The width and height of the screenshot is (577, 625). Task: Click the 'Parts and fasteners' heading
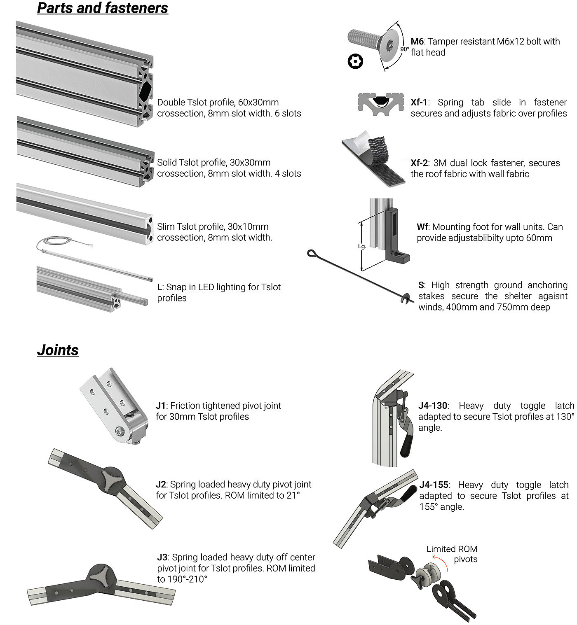pos(103,8)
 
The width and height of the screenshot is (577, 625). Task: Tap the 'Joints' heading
pos(58,350)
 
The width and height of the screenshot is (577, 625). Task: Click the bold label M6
pos(417,42)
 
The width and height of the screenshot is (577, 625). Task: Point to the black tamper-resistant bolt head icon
pos(355,62)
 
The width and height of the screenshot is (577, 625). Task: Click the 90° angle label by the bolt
pos(404,49)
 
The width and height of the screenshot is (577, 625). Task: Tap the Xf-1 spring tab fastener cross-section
pos(380,104)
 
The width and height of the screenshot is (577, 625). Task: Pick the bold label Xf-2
pos(419,163)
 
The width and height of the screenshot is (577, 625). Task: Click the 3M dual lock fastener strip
pos(373,159)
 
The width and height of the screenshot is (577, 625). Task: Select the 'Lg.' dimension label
pos(362,247)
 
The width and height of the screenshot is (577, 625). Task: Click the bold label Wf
pos(422,227)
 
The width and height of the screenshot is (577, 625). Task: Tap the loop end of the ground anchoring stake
pos(312,253)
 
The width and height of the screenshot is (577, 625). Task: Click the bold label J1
pos(160,406)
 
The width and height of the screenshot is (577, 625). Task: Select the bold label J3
pos(162,557)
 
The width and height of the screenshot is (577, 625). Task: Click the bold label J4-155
pos(434,485)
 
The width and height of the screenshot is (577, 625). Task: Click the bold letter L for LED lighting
pos(159,287)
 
